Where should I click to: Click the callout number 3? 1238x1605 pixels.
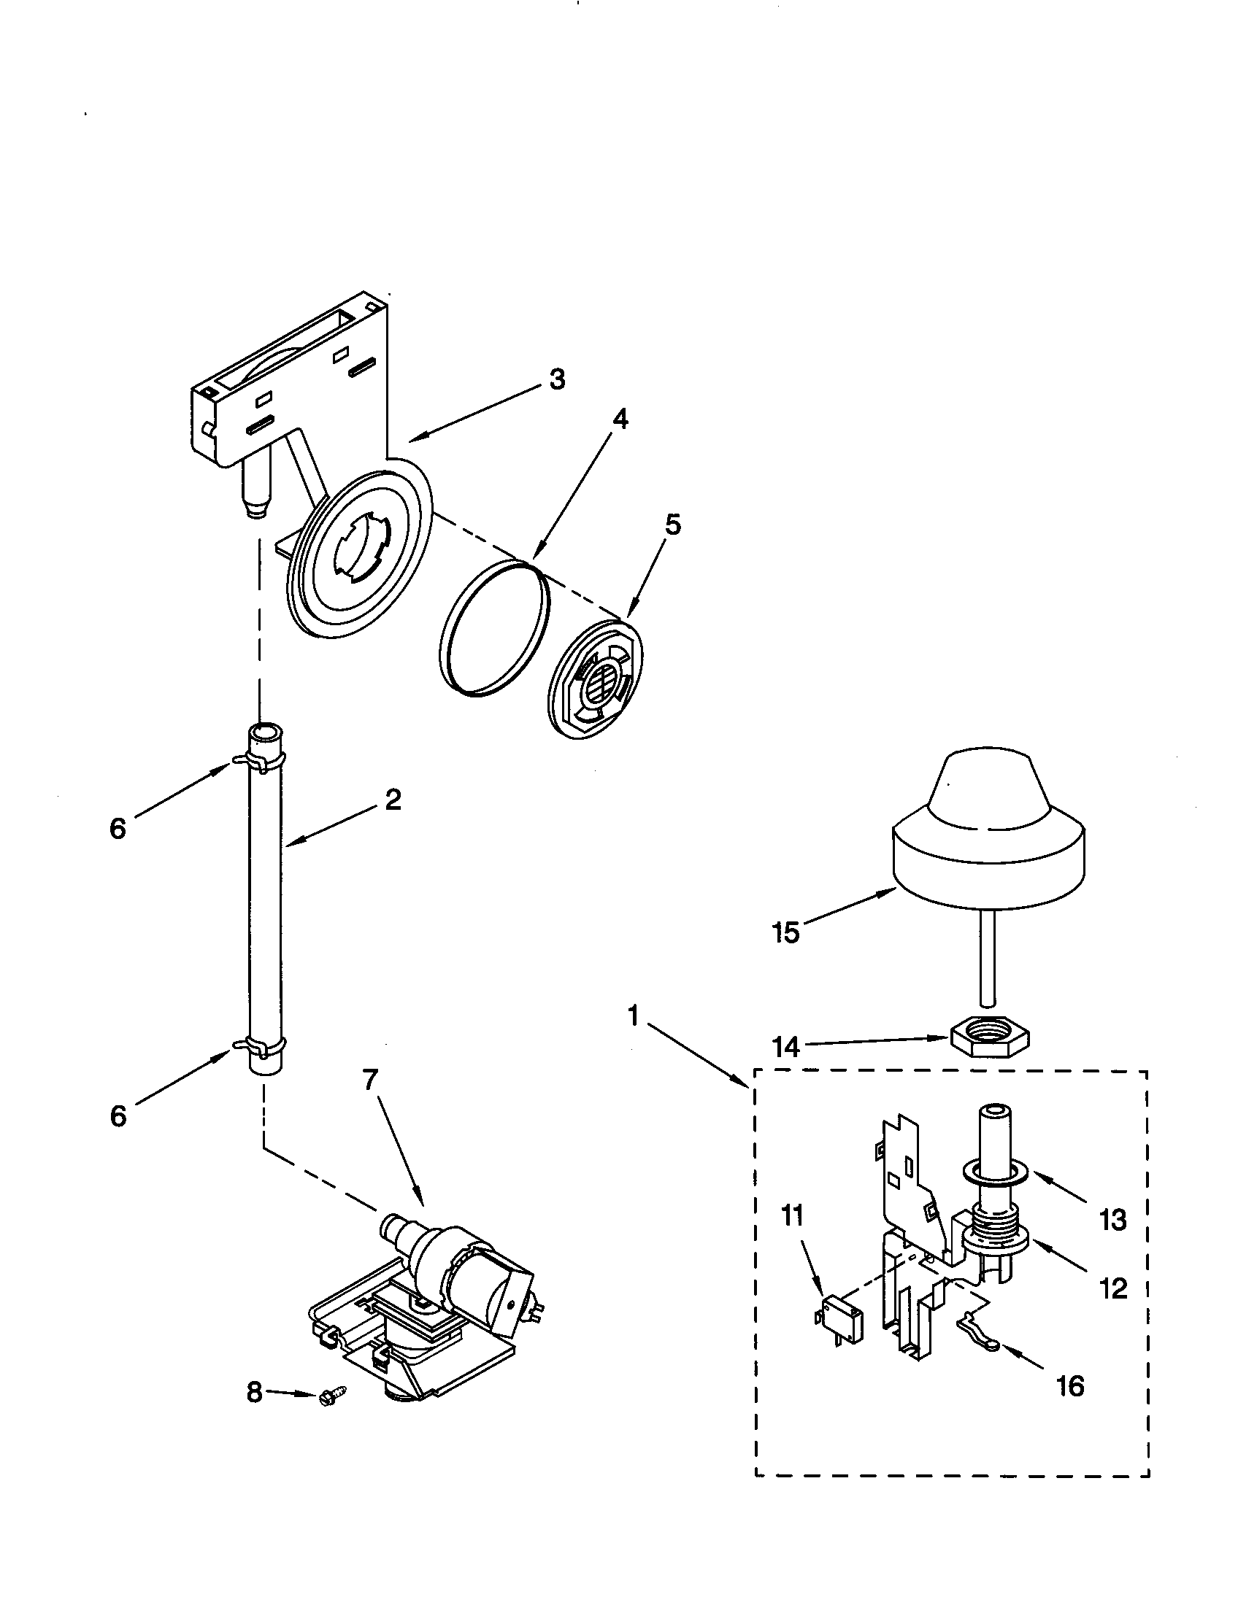557,380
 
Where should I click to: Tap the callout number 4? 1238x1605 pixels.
620,419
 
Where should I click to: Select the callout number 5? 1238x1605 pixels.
673,525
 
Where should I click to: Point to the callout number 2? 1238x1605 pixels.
393,800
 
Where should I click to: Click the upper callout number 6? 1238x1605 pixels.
118,829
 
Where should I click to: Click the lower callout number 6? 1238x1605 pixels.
118,1116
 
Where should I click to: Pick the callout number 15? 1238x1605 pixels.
785,932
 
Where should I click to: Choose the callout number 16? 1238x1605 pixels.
1069,1386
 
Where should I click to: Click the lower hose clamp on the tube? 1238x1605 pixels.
259,1044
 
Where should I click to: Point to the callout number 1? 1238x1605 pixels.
633,1017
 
